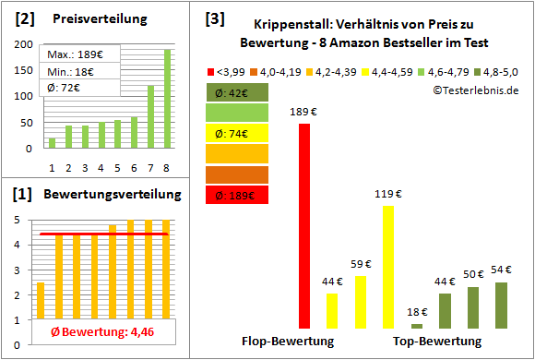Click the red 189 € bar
(304, 226)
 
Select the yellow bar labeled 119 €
(388, 268)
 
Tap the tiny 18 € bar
(417, 326)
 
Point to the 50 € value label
(473, 274)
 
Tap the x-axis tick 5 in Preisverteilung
(117, 167)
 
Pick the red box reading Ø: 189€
(237, 194)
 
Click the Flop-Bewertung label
(288, 342)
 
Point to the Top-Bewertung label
(437, 342)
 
